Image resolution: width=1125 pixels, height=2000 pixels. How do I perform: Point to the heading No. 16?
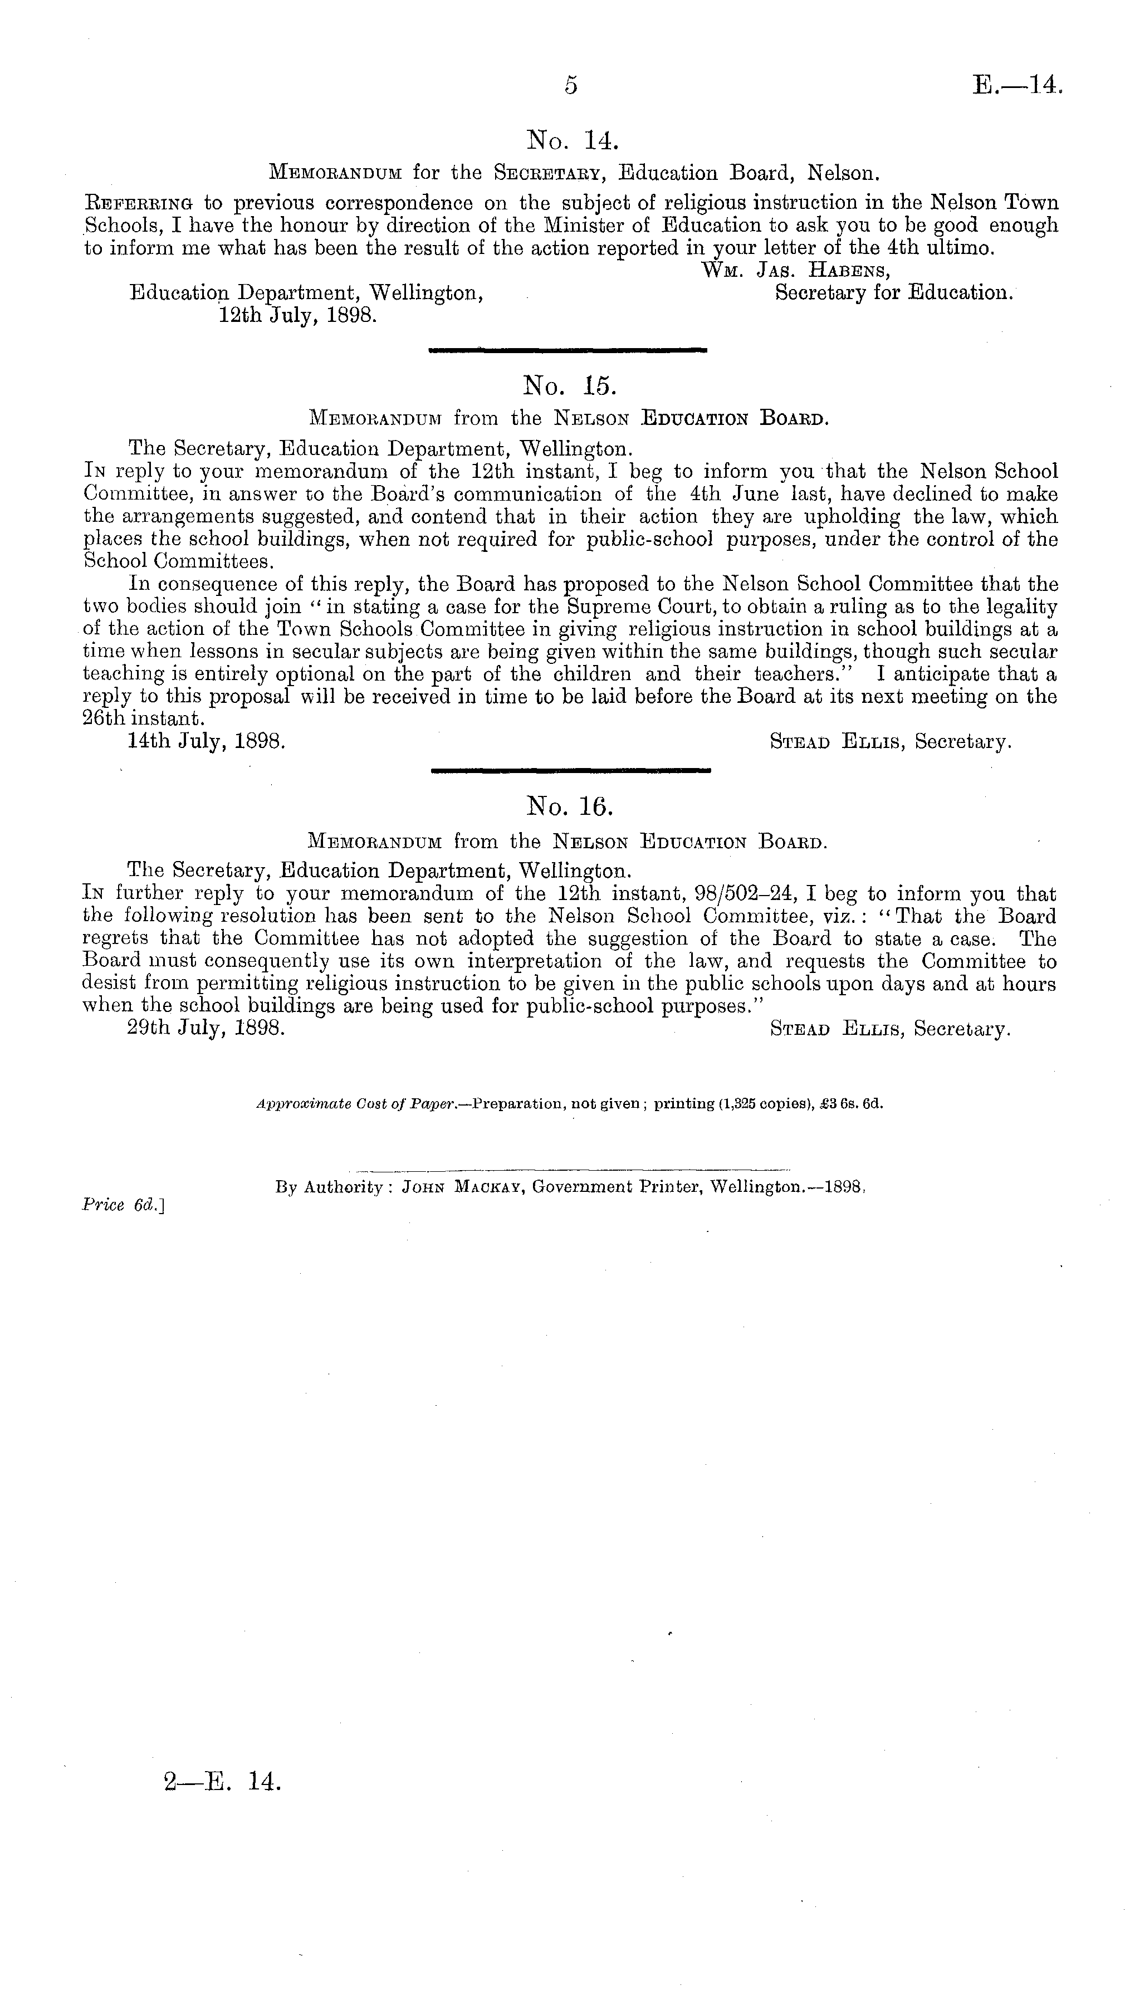(570, 808)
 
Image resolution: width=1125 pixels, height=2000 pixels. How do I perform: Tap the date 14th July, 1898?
(207, 741)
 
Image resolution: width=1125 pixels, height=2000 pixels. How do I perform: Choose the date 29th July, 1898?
(207, 1029)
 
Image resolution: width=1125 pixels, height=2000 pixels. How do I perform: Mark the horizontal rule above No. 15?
(568, 351)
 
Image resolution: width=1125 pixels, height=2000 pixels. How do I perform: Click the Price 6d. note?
(125, 1205)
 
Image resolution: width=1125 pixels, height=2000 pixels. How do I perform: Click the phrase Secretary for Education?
(894, 294)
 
